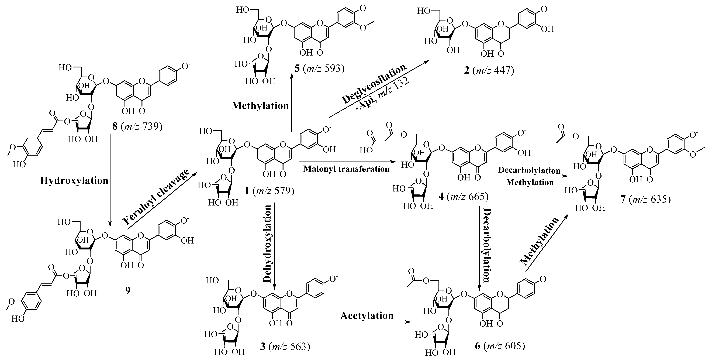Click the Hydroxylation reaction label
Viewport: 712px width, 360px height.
[x=74, y=181]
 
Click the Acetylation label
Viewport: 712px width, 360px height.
[x=367, y=316]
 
